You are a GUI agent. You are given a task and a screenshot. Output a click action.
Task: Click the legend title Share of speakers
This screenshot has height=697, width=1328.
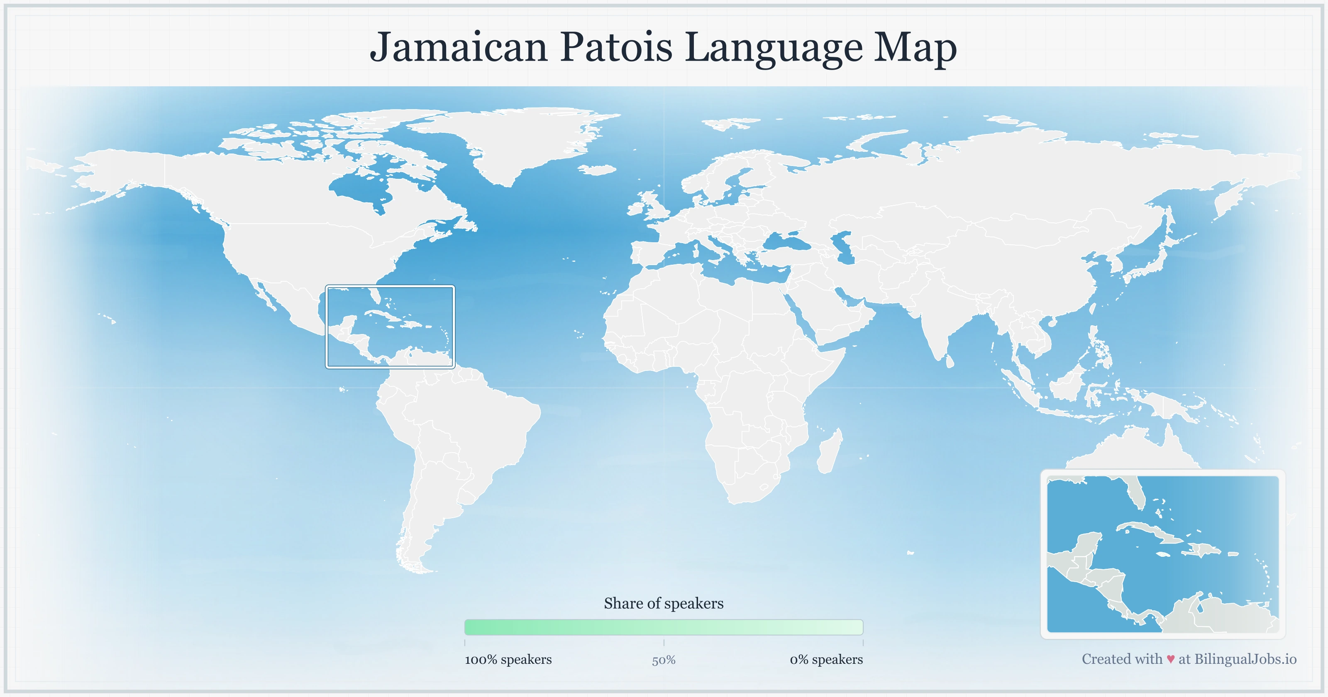pyautogui.click(x=664, y=603)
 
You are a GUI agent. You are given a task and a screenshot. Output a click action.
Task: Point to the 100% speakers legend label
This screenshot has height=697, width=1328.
pyautogui.click(x=508, y=659)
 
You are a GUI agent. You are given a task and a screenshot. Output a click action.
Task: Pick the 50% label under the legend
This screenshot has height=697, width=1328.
pyautogui.click(x=664, y=660)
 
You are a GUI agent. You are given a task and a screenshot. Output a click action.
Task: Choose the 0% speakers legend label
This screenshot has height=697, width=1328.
pyautogui.click(x=826, y=659)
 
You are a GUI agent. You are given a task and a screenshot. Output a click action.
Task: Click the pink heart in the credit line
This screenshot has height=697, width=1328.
pyautogui.click(x=1170, y=659)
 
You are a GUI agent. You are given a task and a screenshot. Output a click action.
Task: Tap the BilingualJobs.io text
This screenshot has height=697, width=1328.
pyautogui.click(x=1245, y=659)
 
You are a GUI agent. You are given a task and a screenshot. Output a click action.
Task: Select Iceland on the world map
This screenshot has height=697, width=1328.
pyautogui.click(x=598, y=170)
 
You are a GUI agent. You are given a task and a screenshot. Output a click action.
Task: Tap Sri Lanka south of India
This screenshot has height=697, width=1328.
pyautogui.click(x=950, y=361)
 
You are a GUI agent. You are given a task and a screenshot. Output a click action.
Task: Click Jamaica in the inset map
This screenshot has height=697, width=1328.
pyautogui.click(x=1162, y=554)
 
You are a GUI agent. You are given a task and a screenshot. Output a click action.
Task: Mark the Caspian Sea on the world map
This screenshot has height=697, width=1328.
pyautogui.click(x=843, y=247)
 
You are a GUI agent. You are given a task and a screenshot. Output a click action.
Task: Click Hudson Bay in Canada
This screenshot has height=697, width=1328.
pyautogui.click(x=361, y=188)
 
